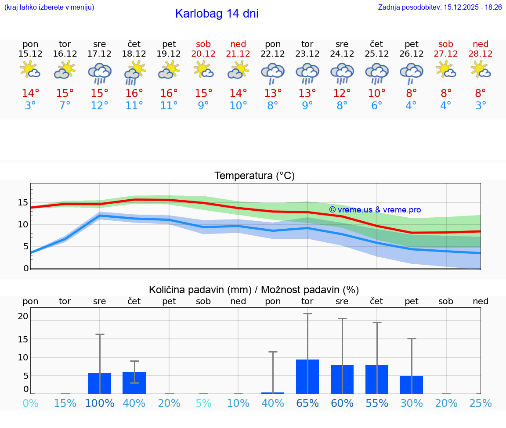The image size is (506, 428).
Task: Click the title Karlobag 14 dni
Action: [x=217, y=14]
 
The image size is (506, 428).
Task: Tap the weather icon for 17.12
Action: [x=100, y=73]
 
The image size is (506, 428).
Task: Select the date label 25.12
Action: [x=376, y=54]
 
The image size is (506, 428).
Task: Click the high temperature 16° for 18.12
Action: [x=134, y=94]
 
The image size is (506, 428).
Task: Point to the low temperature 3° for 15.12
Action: [x=30, y=106]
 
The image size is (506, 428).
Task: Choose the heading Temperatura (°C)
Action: [x=254, y=176]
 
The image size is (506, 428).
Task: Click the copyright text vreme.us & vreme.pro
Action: [x=375, y=210]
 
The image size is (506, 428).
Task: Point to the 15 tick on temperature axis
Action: [x=23, y=202]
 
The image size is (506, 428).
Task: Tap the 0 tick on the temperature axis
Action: [x=26, y=268]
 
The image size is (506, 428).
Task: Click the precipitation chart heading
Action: [x=254, y=290]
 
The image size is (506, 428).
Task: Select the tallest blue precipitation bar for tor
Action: [x=307, y=377]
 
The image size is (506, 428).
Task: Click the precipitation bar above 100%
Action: [x=100, y=383]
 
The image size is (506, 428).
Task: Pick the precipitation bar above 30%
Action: [x=411, y=385]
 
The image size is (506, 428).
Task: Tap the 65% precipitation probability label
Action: [x=307, y=403]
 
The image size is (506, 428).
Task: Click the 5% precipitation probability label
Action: [x=204, y=403]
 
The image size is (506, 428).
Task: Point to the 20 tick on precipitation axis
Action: [x=23, y=316]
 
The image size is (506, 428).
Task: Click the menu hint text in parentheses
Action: [x=49, y=7]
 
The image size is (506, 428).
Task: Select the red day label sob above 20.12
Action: [x=204, y=44]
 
